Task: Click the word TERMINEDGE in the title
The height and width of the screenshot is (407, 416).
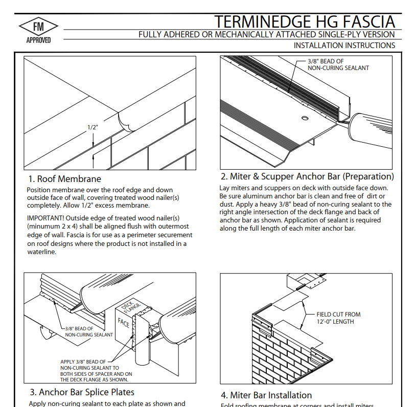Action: click(x=262, y=22)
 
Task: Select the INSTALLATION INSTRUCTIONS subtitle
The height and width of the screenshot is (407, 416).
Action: click(x=344, y=46)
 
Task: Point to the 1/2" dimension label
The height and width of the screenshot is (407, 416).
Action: click(x=93, y=127)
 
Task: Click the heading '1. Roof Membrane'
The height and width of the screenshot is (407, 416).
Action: click(x=64, y=179)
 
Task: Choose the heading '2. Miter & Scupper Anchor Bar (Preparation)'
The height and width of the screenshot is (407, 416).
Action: click(x=307, y=177)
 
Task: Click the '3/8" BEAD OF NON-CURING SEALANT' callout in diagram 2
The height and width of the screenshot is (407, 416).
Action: click(x=338, y=64)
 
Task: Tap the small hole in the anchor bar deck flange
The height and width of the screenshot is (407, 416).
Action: click(x=305, y=119)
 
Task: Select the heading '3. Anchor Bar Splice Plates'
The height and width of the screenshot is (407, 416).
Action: click(x=81, y=392)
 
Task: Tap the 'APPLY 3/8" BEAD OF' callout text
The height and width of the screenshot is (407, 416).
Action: click(x=83, y=362)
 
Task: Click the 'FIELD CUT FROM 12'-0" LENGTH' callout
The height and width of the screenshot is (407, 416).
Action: click(x=338, y=318)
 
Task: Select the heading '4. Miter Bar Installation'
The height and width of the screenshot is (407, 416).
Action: click(x=266, y=395)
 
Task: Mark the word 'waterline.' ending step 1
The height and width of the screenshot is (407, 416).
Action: click(x=41, y=252)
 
